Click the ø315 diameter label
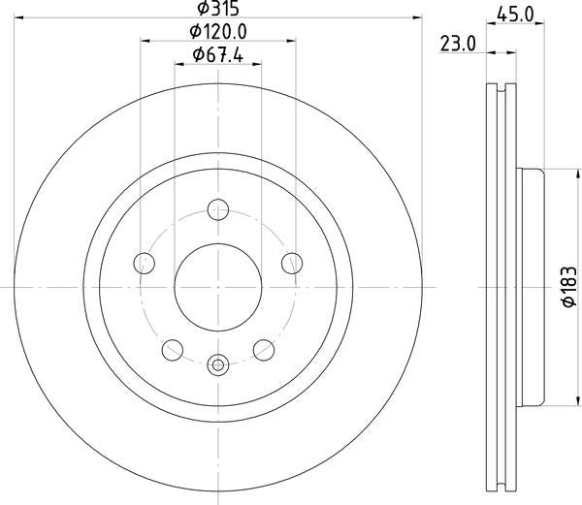pos(218,8)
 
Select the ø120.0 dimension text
pos(218,32)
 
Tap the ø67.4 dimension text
pos(218,55)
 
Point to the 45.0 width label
pos(515,15)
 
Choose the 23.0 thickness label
pos(458,45)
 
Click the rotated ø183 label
pos(569,287)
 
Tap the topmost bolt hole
pos(218,209)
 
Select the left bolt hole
pos(144,264)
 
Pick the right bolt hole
pos(292,264)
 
